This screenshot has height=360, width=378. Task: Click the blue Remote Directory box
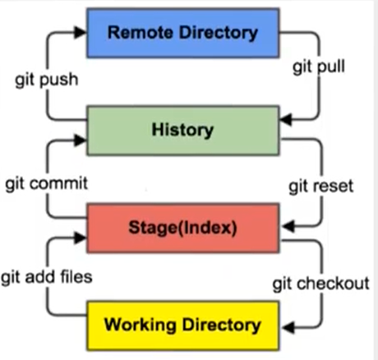coord(183,33)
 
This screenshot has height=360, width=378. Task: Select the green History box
coord(183,131)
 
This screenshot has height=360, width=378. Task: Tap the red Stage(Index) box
coord(183,228)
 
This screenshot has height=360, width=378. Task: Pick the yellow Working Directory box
coord(183,325)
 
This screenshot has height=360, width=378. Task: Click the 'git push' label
coord(47,81)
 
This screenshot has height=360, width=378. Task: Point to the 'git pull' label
coord(319,67)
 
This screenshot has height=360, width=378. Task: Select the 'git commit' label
coord(47,183)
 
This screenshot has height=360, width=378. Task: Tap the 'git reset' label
coord(321,187)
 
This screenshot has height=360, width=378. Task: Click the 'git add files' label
coord(47,277)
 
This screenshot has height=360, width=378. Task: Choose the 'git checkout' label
coord(321,284)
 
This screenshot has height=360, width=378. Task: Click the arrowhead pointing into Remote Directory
coord(80,32)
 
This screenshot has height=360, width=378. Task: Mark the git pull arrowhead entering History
coord(286,119)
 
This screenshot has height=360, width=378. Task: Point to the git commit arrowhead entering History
coord(80,141)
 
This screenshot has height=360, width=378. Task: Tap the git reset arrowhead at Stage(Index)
coord(288,226)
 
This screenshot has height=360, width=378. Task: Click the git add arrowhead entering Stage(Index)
coord(80,238)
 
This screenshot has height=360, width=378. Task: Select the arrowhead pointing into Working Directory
coord(288,327)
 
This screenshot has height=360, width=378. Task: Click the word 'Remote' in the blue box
coord(141,33)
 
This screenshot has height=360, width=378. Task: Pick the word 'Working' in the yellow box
coord(141,325)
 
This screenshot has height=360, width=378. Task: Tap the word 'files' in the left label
coord(76,276)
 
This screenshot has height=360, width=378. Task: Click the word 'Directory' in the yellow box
coord(222,325)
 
